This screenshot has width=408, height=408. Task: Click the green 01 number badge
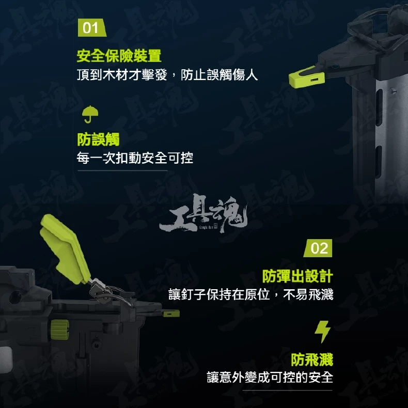(91, 28)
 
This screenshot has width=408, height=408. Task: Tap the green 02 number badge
(318, 248)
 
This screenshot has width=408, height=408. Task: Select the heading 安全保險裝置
(119, 55)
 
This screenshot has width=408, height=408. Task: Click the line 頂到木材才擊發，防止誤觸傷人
(167, 75)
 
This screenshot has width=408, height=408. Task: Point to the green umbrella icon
(90, 114)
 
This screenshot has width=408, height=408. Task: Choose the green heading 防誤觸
(98, 139)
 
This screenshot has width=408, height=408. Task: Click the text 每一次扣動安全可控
(135, 158)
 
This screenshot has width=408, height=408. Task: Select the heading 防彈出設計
(297, 276)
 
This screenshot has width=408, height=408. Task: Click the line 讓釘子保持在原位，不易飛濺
(251, 294)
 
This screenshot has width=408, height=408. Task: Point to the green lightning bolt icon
(323, 332)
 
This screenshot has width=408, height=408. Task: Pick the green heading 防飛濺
(312, 359)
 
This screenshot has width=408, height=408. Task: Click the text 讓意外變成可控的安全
(270, 378)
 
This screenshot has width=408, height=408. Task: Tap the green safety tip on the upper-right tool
(307, 76)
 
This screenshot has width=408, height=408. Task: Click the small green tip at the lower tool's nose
(171, 313)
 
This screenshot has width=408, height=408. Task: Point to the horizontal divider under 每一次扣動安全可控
(122, 171)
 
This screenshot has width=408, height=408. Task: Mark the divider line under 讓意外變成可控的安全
(287, 390)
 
